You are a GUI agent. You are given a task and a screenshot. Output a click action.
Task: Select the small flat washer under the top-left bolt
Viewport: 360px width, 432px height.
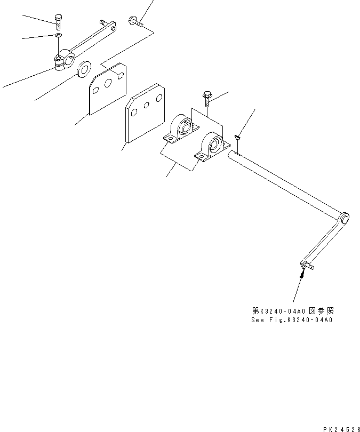coord(57,36)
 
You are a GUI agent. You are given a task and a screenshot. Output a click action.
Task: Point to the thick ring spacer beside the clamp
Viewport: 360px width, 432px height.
coord(84,69)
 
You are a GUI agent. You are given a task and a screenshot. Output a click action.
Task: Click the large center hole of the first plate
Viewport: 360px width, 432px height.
coord(108,83)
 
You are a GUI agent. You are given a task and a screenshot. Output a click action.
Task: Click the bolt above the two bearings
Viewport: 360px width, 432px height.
coord(207,98)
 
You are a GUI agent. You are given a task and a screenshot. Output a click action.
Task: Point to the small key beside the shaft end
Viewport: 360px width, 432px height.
coord(238,139)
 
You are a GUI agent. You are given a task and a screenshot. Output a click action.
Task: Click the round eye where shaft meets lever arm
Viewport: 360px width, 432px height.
coord(345,218)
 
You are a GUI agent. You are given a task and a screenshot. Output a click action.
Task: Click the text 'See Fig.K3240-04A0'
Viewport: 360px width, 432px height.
coord(292,321)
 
